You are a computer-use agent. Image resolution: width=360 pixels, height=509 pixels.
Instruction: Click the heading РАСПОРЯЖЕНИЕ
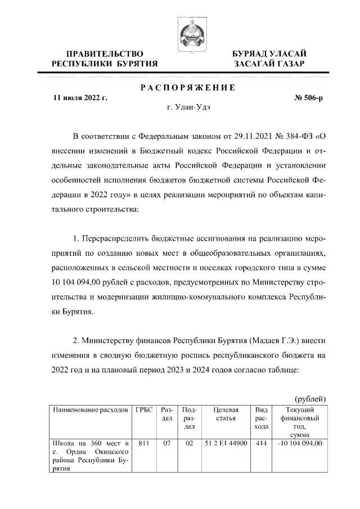(x=187, y=87)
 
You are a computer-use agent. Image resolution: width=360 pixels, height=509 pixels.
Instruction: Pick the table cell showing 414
(x=261, y=443)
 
